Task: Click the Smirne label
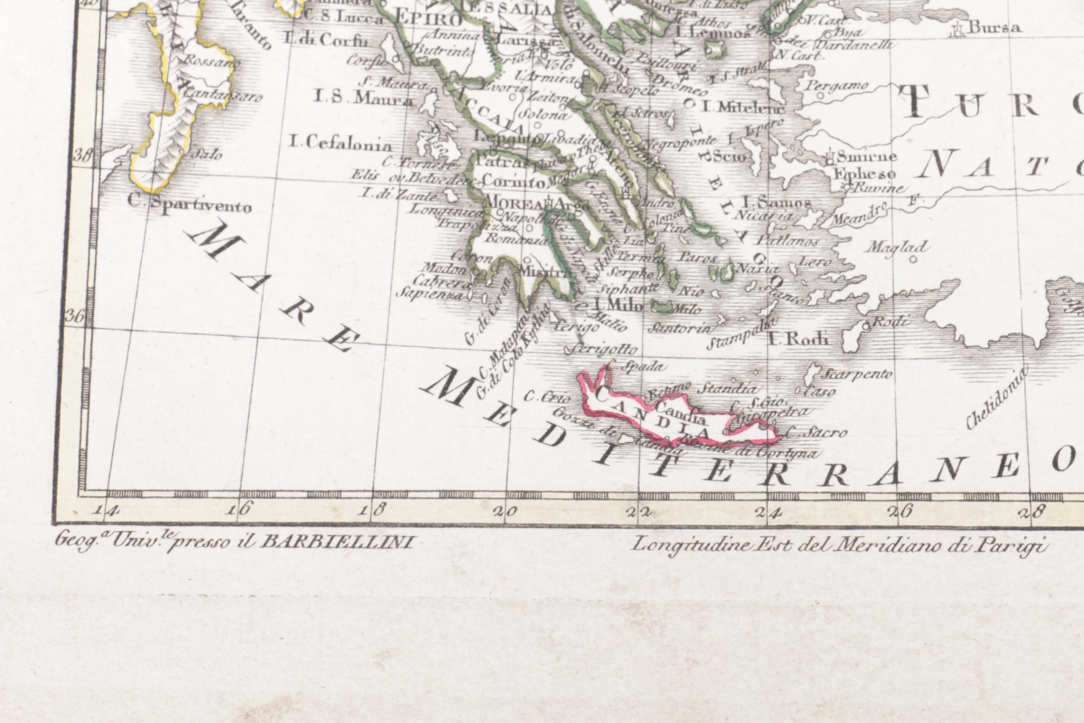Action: point(866,157)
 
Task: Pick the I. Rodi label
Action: point(798,340)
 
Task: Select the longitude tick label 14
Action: point(106,510)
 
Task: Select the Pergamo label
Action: point(836,86)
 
